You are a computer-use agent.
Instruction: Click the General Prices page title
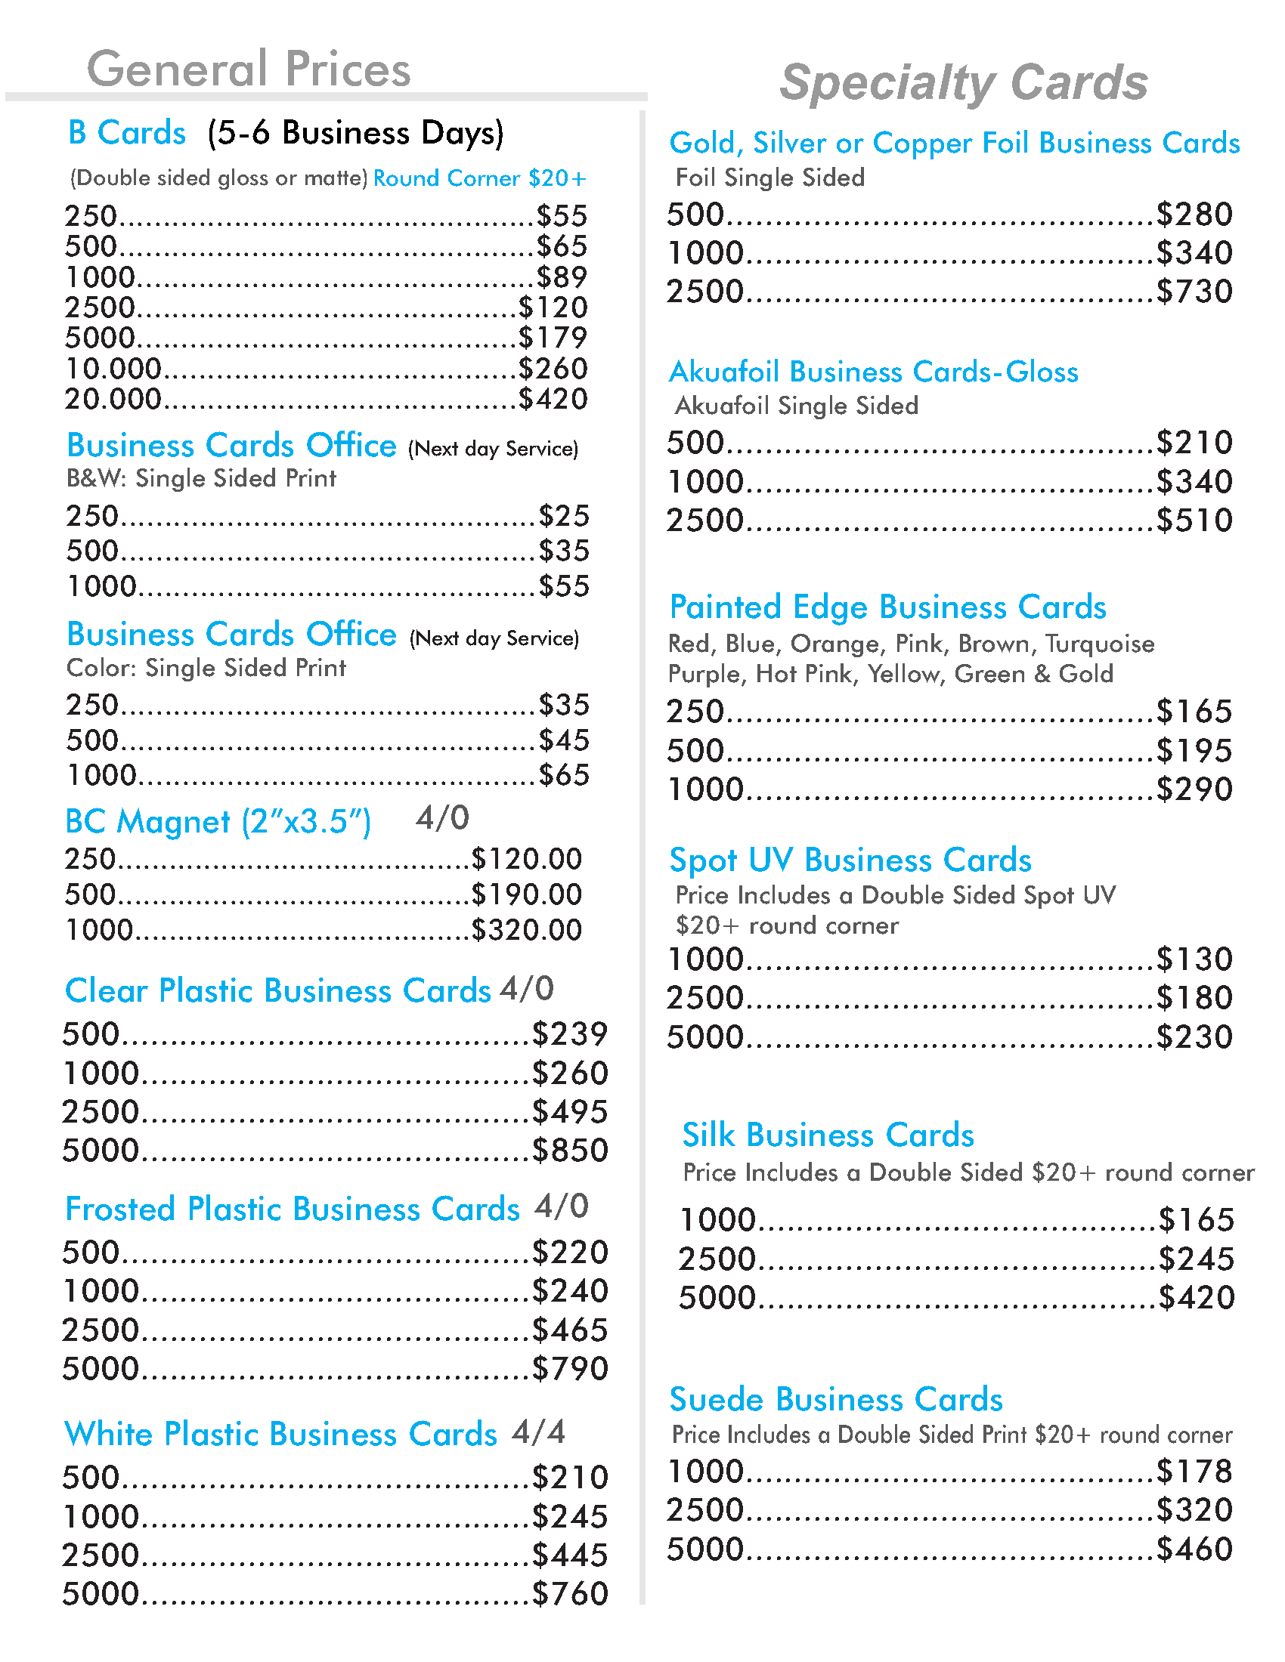(x=248, y=69)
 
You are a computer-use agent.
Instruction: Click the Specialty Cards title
(x=963, y=82)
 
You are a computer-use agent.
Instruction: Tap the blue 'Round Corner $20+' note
(x=478, y=178)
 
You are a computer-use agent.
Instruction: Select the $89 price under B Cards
(x=561, y=277)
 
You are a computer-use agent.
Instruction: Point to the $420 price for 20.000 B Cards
(x=553, y=399)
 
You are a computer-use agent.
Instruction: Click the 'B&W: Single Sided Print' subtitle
(x=201, y=478)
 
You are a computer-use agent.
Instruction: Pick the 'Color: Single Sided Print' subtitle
(x=206, y=667)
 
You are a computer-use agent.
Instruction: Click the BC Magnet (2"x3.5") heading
(x=218, y=822)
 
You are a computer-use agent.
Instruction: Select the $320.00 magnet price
(x=526, y=930)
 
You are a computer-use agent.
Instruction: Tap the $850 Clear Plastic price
(x=569, y=1150)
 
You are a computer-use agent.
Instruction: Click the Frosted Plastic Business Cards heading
(x=292, y=1209)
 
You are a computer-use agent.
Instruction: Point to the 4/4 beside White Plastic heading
(x=538, y=1432)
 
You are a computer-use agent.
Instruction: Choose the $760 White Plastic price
(x=569, y=1593)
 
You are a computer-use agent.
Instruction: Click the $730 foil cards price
(x=1194, y=292)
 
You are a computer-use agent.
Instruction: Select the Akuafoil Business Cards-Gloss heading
(x=873, y=372)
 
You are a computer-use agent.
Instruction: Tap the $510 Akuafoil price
(x=1194, y=521)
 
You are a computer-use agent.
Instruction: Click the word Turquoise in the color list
(x=1099, y=644)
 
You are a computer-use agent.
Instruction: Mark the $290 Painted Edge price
(x=1194, y=789)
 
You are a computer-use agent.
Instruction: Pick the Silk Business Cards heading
(x=828, y=1135)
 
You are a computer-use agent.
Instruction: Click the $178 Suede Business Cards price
(x=1194, y=1471)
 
